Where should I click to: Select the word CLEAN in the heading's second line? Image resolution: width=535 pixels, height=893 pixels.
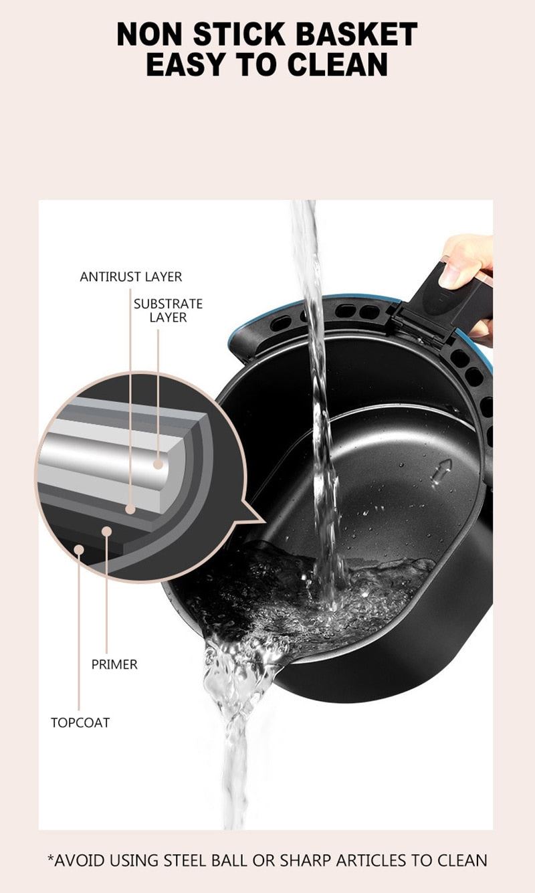pos(338,64)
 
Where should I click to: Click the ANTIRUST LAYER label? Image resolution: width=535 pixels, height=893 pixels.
pos(130,276)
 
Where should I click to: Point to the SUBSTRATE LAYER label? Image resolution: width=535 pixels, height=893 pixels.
pos(167,310)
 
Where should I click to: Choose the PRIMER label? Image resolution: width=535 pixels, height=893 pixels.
pos(114,664)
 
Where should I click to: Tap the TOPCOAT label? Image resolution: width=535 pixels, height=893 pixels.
pos(80,722)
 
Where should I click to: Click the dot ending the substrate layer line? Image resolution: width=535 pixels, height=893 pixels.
pos(158,463)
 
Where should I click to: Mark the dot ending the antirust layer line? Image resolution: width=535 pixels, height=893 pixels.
pos(130,509)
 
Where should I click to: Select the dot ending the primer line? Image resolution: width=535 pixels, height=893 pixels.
pos(106,531)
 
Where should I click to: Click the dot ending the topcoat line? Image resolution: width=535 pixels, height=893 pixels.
pos(79,550)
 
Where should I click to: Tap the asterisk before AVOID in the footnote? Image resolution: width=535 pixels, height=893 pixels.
pos(50,858)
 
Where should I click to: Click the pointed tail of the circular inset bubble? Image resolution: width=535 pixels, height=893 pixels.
pos(257,516)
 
